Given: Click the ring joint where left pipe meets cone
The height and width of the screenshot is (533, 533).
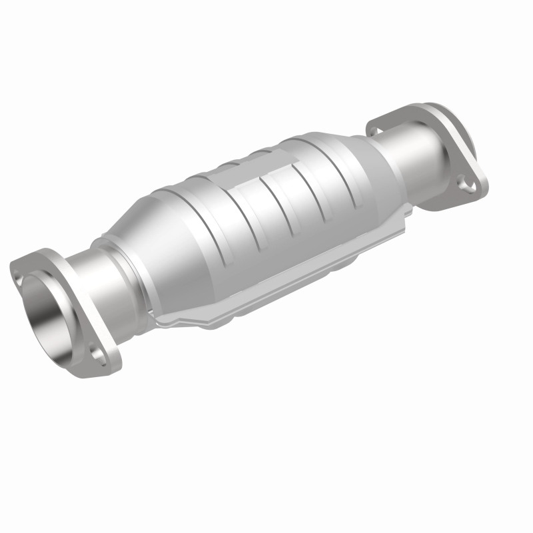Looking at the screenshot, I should point(110,257).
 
